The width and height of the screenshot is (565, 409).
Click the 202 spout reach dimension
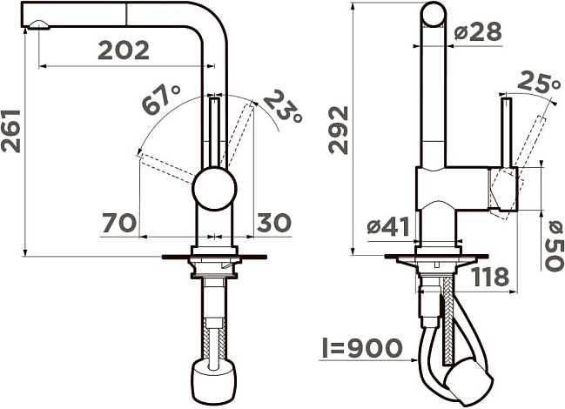click(124, 50)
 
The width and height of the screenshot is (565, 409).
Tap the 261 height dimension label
click(10, 131)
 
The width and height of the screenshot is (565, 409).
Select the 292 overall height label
click(339, 130)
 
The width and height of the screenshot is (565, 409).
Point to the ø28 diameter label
click(477, 31)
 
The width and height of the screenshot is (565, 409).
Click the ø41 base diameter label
click(389, 227)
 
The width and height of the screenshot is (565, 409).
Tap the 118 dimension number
click(490, 277)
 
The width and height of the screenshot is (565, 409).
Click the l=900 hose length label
click(361, 348)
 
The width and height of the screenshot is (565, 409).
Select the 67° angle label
click(161, 99)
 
